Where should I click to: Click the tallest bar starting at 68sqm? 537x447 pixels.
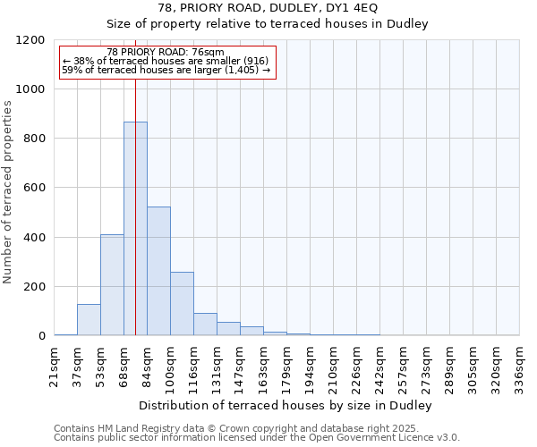[x=135, y=228]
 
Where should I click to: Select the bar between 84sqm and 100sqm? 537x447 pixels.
[x=158, y=271]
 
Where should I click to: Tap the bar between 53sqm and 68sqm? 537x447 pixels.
[x=112, y=284]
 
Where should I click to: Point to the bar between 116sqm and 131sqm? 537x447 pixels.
[x=205, y=325]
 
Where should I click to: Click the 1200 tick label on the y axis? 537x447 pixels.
[x=30, y=40]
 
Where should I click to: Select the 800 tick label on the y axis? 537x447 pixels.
[x=33, y=139]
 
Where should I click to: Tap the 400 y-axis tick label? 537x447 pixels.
[x=33, y=238]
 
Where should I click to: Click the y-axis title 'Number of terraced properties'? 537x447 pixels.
[x=8, y=192]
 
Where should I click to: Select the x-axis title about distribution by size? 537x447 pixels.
[x=286, y=406]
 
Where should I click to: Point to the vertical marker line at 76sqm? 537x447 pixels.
[x=135, y=179]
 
